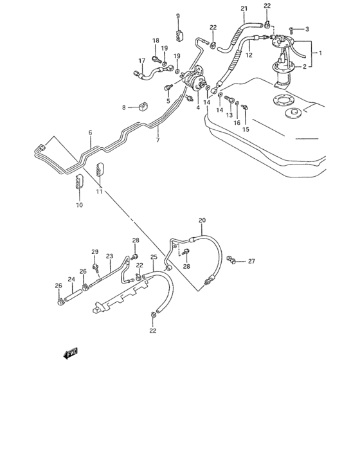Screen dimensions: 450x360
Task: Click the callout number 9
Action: (178, 15)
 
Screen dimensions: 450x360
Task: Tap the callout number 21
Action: (244, 8)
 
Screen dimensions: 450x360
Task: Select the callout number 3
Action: (307, 29)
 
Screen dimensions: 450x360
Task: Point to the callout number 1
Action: (320, 53)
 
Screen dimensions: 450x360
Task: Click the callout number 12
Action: (249, 55)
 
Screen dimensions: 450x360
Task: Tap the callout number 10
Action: (79, 205)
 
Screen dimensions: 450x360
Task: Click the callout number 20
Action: (201, 221)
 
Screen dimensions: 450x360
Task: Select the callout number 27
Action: (251, 261)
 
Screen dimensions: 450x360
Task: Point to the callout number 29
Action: (94, 251)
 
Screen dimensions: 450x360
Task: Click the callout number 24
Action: (71, 280)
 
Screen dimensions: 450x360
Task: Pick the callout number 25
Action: (154, 258)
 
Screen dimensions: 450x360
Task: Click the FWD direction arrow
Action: (70, 352)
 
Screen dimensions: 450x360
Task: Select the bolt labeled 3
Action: (292, 29)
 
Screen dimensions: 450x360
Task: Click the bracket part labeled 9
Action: (179, 33)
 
